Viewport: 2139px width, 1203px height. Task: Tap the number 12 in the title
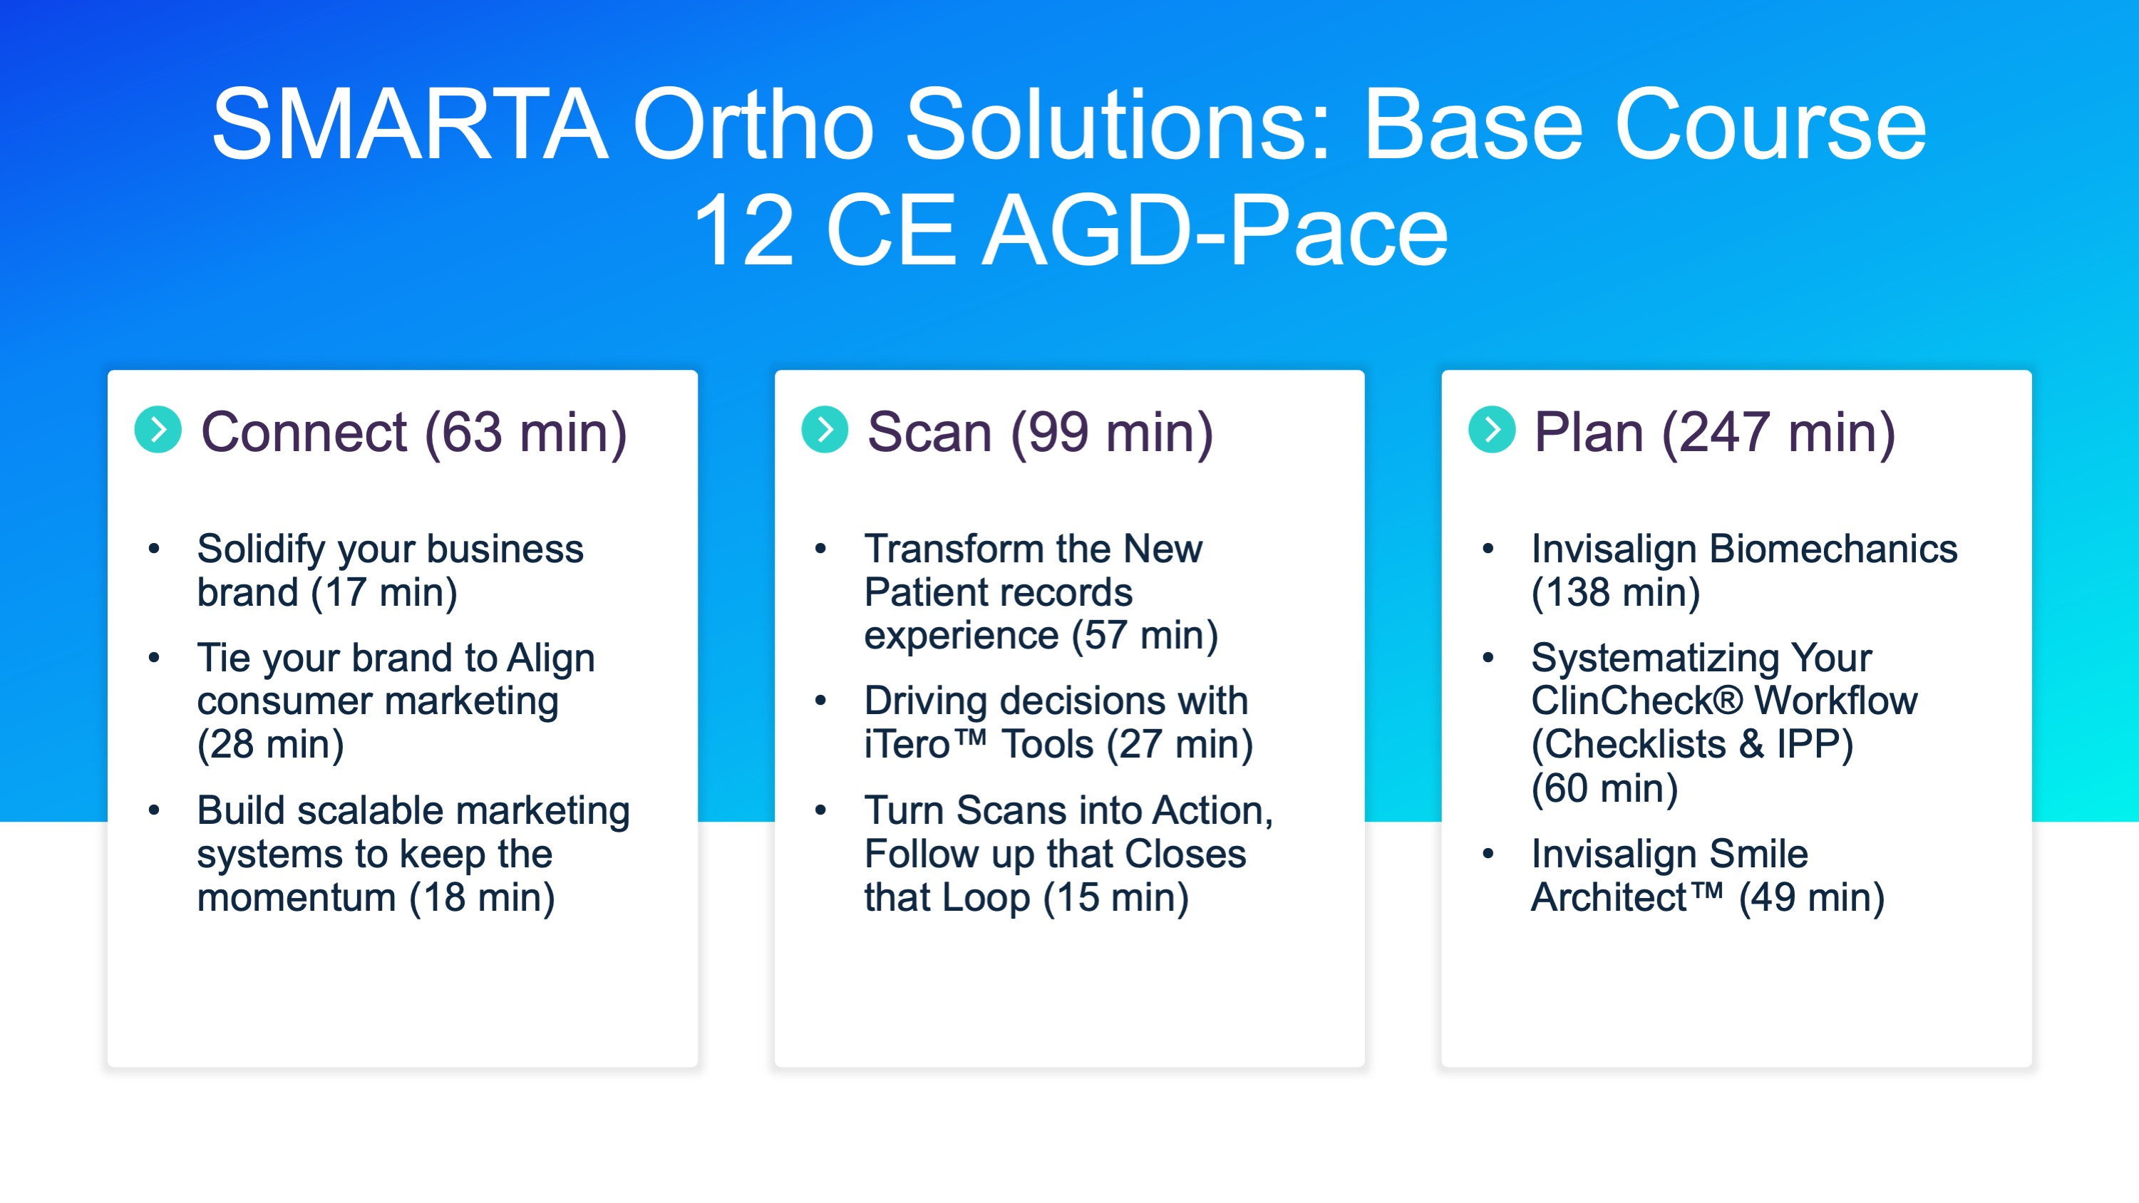tap(743, 230)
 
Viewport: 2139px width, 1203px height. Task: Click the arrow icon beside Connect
tap(158, 429)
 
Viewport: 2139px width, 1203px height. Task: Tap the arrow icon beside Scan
tap(825, 429)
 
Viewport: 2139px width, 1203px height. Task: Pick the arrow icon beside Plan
tap(1492, 429)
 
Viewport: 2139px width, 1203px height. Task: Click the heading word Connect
tap(304, 433)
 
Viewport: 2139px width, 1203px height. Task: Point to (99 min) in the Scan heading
tap(1112, 433)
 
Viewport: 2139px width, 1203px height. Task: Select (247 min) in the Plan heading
tap(1778, 433)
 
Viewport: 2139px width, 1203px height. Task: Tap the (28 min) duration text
tap(271, 745)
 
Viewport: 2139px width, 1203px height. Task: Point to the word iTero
tap(907, 745)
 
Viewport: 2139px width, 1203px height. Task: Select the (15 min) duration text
tap(1116, 898)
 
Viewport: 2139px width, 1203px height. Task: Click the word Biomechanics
tap(1833, 549)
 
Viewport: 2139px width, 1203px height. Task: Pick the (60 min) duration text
tap(1605, 789)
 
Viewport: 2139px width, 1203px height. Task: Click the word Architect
tap(1609, 898)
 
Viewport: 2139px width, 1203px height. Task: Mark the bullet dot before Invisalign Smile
tap(1488, 854)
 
